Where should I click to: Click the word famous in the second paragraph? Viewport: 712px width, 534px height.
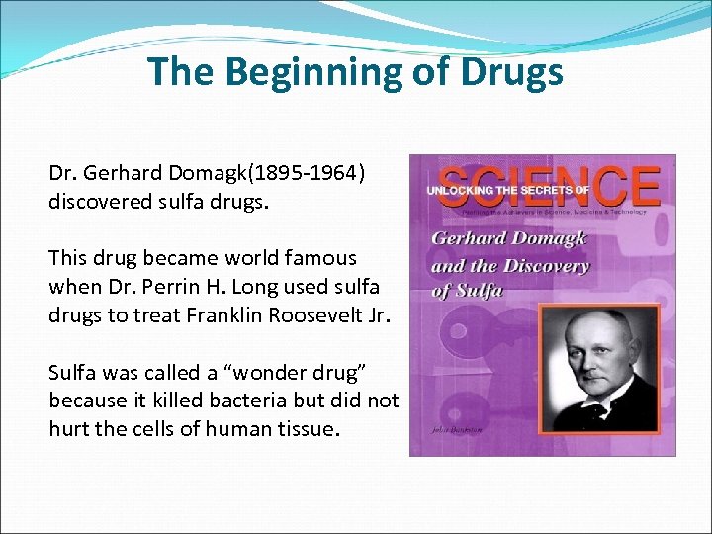click(x=309, y=258)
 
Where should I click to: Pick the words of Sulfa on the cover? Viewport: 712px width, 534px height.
click(x=469, y=290)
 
